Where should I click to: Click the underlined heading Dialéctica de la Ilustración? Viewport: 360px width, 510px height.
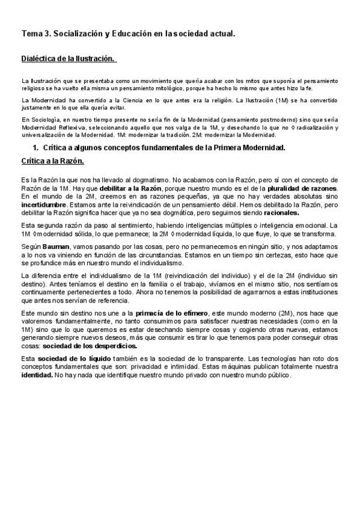pos(67,59)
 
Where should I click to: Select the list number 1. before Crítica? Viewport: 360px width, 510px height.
pos(35,147)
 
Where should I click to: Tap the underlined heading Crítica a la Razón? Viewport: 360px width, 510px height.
pos(52,162)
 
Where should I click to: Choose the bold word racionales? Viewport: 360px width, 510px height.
pos(282,212)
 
